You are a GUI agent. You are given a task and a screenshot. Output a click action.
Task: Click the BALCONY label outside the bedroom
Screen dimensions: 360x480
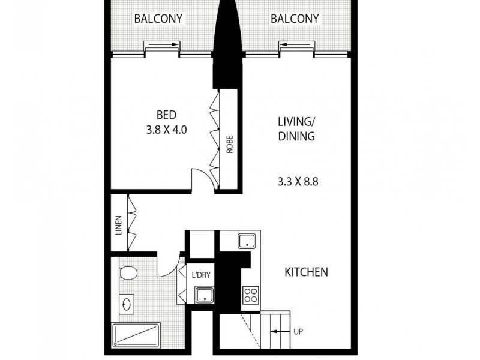(x=158, y=19)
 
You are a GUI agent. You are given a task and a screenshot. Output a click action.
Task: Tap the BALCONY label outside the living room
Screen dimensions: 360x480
(x=295, y=19)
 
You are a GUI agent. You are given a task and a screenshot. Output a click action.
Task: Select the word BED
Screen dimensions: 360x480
(x=166, y=115)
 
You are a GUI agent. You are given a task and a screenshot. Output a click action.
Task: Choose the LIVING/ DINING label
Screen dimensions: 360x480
(x=296, y=128)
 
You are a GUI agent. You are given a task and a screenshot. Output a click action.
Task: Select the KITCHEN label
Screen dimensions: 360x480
(x=306, y=272)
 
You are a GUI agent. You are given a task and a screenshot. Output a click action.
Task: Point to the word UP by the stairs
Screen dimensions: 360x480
(x=298, y=331)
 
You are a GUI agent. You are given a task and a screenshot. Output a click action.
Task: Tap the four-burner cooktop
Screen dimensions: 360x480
(x=249, y=295)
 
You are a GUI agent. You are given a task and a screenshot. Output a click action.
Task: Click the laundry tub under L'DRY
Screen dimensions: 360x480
(x=205, y=295)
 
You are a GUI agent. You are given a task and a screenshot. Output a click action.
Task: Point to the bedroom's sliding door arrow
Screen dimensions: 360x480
(x=162, y=44)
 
